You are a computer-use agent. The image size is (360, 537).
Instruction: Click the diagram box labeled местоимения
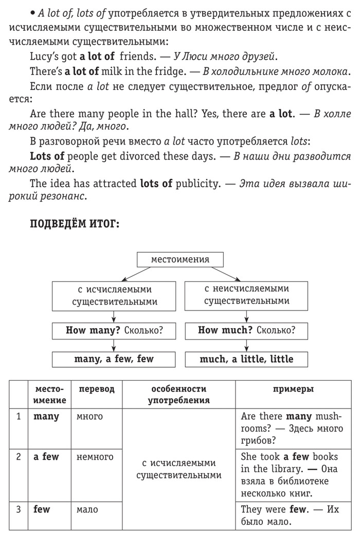(x=180, y=259)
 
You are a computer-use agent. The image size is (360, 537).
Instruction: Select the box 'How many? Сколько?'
(x=114, y=330)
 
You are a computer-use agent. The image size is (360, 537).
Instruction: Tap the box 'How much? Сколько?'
(x=246, y=330)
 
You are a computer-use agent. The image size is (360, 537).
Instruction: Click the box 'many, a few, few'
(x=114, y=359)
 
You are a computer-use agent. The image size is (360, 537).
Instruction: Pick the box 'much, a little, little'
(x=246, y=359)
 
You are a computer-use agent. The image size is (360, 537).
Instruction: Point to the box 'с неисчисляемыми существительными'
(x=246, y=295)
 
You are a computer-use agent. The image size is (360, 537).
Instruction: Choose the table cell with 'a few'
(x=46, y=457)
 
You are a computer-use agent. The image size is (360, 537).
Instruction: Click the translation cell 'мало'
(x=87, y=510)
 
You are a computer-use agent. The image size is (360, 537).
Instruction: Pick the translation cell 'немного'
(x=95, y=457)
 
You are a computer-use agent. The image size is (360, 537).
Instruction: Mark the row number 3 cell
(x=19, y=510)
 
